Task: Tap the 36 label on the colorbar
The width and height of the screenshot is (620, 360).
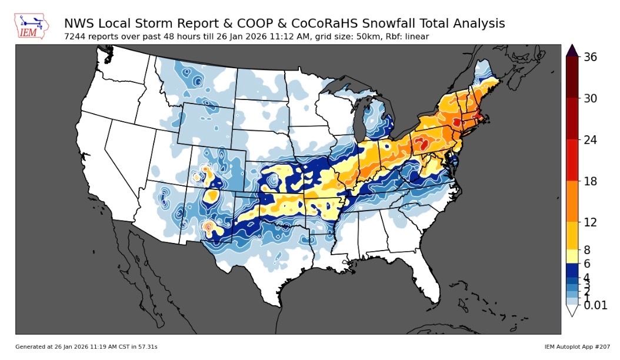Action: pyautogui.click(x=591, y=57)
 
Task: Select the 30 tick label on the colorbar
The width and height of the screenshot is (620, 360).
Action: pyautogui.click(x=591, y=98)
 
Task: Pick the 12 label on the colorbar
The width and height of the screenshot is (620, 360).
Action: pyautogui.click(x=591, y=222)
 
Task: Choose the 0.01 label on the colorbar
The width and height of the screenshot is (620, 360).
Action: pyautogui.click(x=595, y=305)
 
